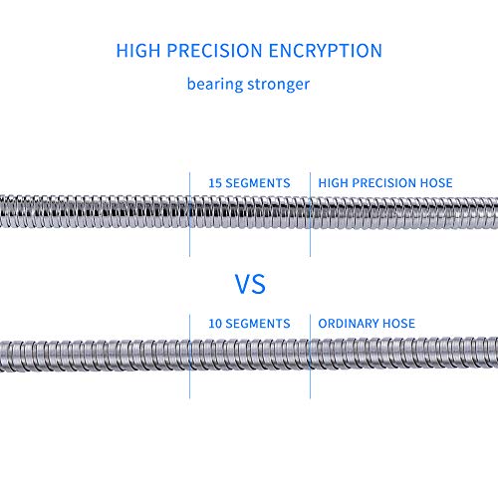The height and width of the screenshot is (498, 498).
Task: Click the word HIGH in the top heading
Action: (138, 51)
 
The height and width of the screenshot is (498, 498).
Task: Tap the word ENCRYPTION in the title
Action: (326, 51)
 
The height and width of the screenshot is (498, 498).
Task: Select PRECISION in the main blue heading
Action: (214, 51)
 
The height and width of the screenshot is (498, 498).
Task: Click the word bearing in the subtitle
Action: (215, 85)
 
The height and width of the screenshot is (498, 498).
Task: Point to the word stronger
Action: (279, 85)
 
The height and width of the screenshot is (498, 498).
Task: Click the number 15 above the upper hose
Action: (215, 183)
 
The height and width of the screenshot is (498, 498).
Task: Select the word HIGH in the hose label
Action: (333, 183)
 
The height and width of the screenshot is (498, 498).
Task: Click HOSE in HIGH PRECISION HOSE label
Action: (436, 183)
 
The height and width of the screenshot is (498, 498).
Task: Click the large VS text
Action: (250, 284)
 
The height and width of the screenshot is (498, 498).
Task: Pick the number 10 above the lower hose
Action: (215, 324)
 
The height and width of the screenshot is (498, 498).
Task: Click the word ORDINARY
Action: (349, 324)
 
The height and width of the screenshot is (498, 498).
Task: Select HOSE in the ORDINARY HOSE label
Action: (399, 324)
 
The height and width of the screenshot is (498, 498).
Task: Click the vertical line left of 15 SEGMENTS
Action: (189, 214)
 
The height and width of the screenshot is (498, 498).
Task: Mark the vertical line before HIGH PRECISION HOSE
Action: (310, 214)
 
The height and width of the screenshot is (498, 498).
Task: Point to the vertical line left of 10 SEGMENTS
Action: (189, 357)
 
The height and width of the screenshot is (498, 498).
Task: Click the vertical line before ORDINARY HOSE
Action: (310, 357)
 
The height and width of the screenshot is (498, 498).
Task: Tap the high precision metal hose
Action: (249, 212)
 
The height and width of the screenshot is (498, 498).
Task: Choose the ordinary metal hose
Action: (249, 354)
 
